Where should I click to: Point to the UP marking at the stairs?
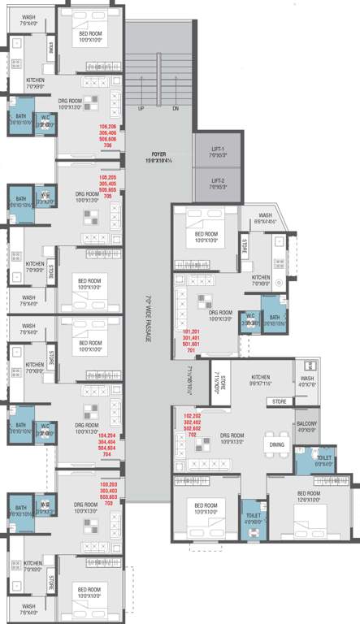[141, 108]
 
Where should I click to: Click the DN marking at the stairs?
[176, 108]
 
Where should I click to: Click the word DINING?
[276, 444]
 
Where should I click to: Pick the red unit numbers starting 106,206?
[108, 136]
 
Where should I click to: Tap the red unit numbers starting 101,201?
[192, 341]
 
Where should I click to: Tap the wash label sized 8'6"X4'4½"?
[266, 217]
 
